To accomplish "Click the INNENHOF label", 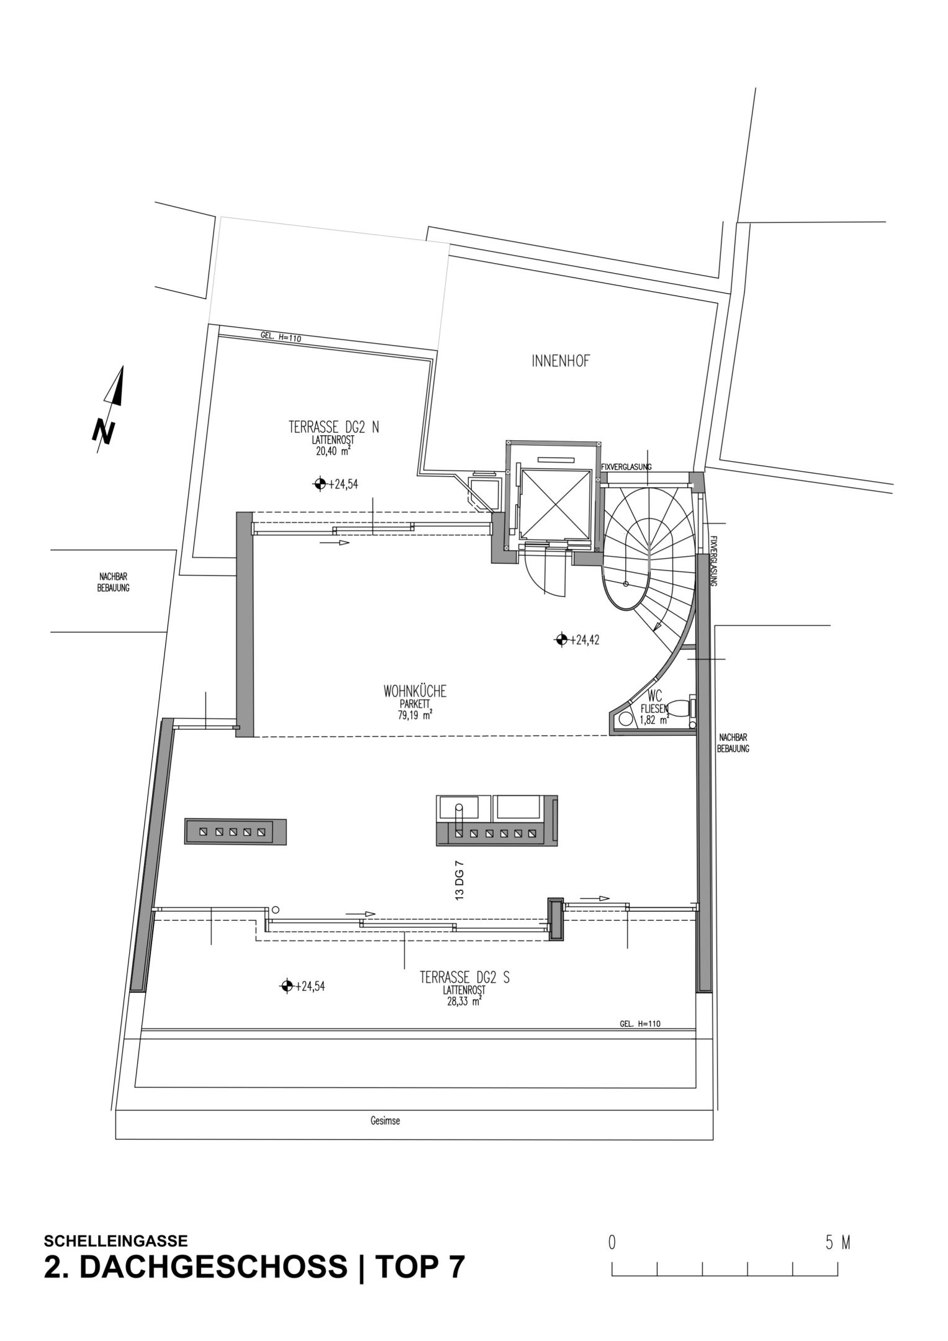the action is [x=560, y=361].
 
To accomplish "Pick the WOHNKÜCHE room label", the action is [x=415, y=691].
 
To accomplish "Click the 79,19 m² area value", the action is [x=415, y=715].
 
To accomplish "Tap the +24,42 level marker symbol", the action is [x=561, y=639].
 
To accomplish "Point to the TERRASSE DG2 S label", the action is [x=464, y=978].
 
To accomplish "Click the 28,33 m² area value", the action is [x=460, y=1001].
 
